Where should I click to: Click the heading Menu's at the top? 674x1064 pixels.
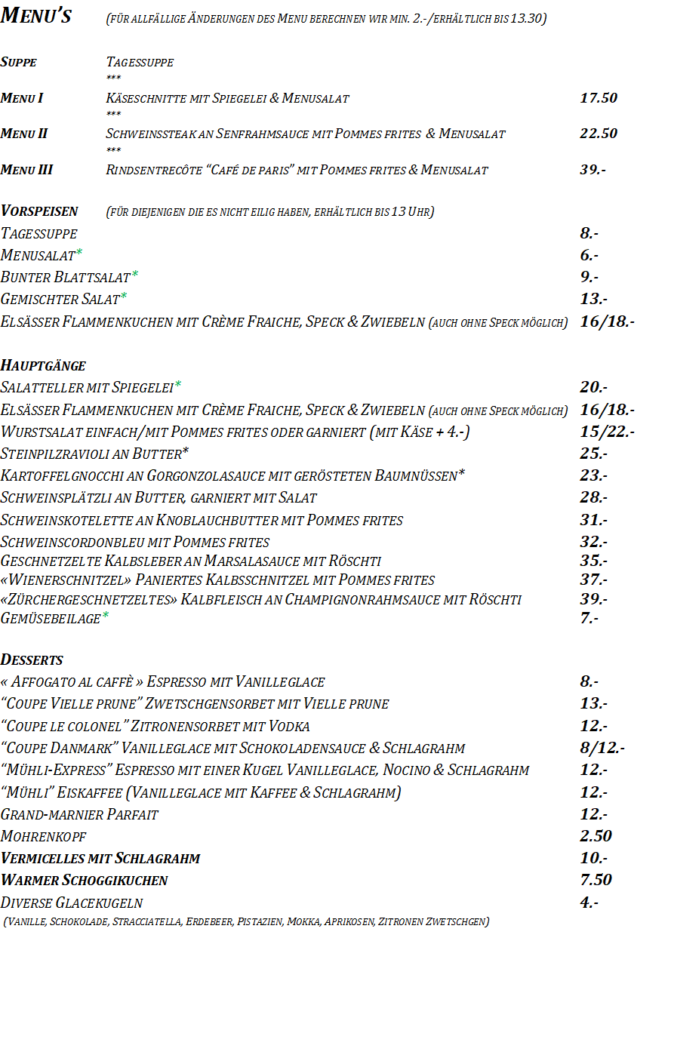pyautogui.click(x=36, y=16)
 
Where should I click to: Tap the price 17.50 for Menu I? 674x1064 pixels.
pyautogui.click(x=599, y=98)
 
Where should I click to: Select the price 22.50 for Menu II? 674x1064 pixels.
pyautogui.click(x=599, y=134)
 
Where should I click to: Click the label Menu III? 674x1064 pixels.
pyautogui.click(x=27, y=170)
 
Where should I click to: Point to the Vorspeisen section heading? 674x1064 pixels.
pyautogui.click(x=39, y=211)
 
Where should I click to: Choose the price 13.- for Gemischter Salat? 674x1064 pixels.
pyautogui.click(x=594, y=300)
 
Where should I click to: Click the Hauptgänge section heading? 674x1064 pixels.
pyautogui.click(x=43, y=366)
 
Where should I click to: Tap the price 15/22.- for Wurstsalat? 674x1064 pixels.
pyautogui.click(x=607, y=432)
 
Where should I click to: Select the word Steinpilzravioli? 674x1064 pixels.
pyautogui.click(x=54, y=454)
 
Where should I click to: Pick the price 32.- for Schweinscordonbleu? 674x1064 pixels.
pyautogui.click(x=594, y=542)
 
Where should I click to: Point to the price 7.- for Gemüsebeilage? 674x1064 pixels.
pyautogui.click(x=589, y=618)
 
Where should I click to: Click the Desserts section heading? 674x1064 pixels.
pyautogui.click(x=32, y=660)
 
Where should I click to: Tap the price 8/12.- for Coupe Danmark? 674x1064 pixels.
pyautogui.click(x=602, y=749)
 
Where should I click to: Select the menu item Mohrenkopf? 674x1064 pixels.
pyautogui.click(x=44, y=837)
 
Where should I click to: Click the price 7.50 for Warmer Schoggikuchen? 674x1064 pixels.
pyautogui.click(x=596, y=880)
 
